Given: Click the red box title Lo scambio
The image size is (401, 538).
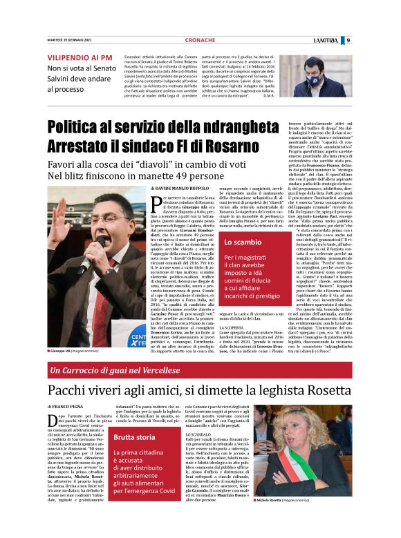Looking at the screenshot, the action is tap(238, 242).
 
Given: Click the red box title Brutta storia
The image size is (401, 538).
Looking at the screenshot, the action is tap(136, 438).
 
